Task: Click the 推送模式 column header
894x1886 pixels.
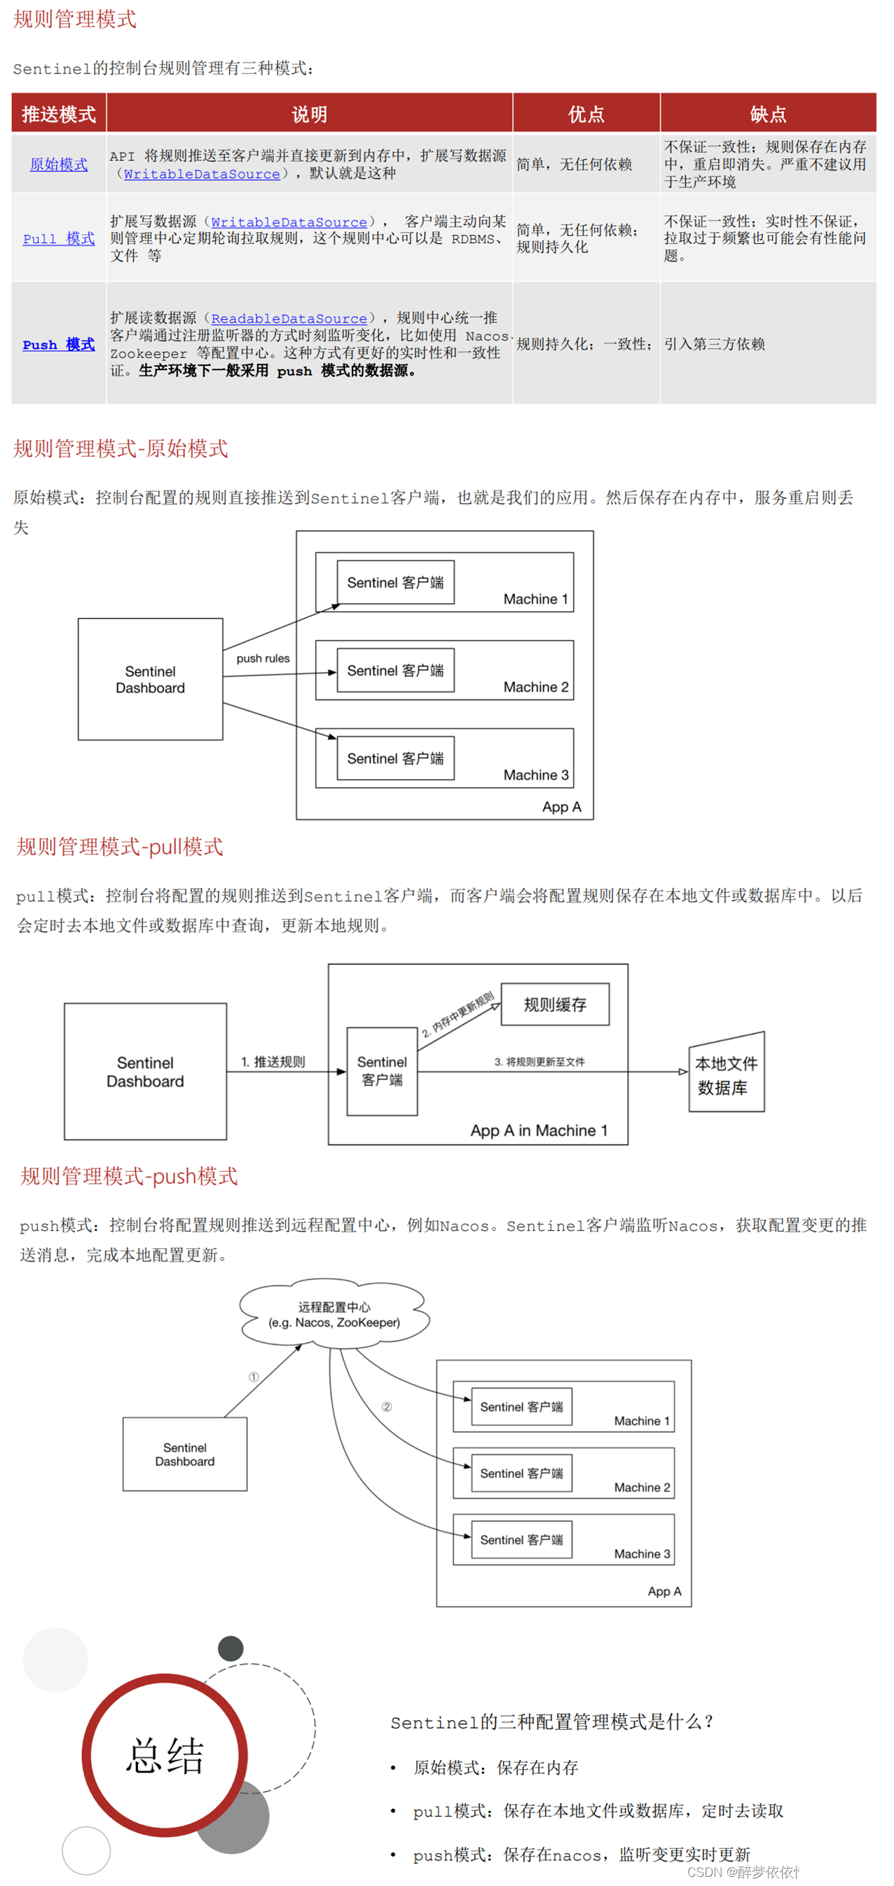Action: pyautogui.click(x=59, y=114)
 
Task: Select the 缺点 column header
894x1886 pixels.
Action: pyautogui.click(x=767, y=114)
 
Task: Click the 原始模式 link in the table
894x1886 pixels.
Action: pyautogui.click(x=59, y=165)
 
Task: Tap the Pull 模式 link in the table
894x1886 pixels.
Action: pyautogui.click(x=59, y=239)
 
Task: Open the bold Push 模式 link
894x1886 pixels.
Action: pyautogui.click(x=59, y=345)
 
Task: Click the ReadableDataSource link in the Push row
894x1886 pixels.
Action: pyautogui.click(x=289, y=318)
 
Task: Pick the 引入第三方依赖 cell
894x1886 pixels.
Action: pyautogui.click(x=714, y=344)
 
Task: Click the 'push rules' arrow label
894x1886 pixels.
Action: pyautogui.click(x=263, y=658)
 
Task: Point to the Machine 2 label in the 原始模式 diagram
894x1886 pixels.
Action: pyautogui.click(x=535, y=687)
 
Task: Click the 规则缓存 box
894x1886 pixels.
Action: pyautogui.click(x=555, y=1004)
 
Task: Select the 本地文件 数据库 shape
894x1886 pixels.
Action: pyautogui.click(x=726, y=1074)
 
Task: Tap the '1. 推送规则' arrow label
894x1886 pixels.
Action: pyautogui.click(x=273, y=1062)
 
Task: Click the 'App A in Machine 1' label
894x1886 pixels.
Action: pyautogui.click(x=538, y=1130)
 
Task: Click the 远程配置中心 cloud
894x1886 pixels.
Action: pyautogui.click(x=334, y=1314)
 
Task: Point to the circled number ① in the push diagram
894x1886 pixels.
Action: pyautogui.click(x=254, y=1376)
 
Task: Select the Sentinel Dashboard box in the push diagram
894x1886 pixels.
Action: pyautogui.click(x=184, y=1454)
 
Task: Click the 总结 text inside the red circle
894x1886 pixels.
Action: pyautogui.click(x=165, y=1755)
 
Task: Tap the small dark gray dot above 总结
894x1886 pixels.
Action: pyautogui.click(x=231, y=1648)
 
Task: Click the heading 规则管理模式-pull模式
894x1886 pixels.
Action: pyautogui.click(x=119, y=847)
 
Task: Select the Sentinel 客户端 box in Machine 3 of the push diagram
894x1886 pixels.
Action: pyautogui.click(x=521, y=1540)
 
